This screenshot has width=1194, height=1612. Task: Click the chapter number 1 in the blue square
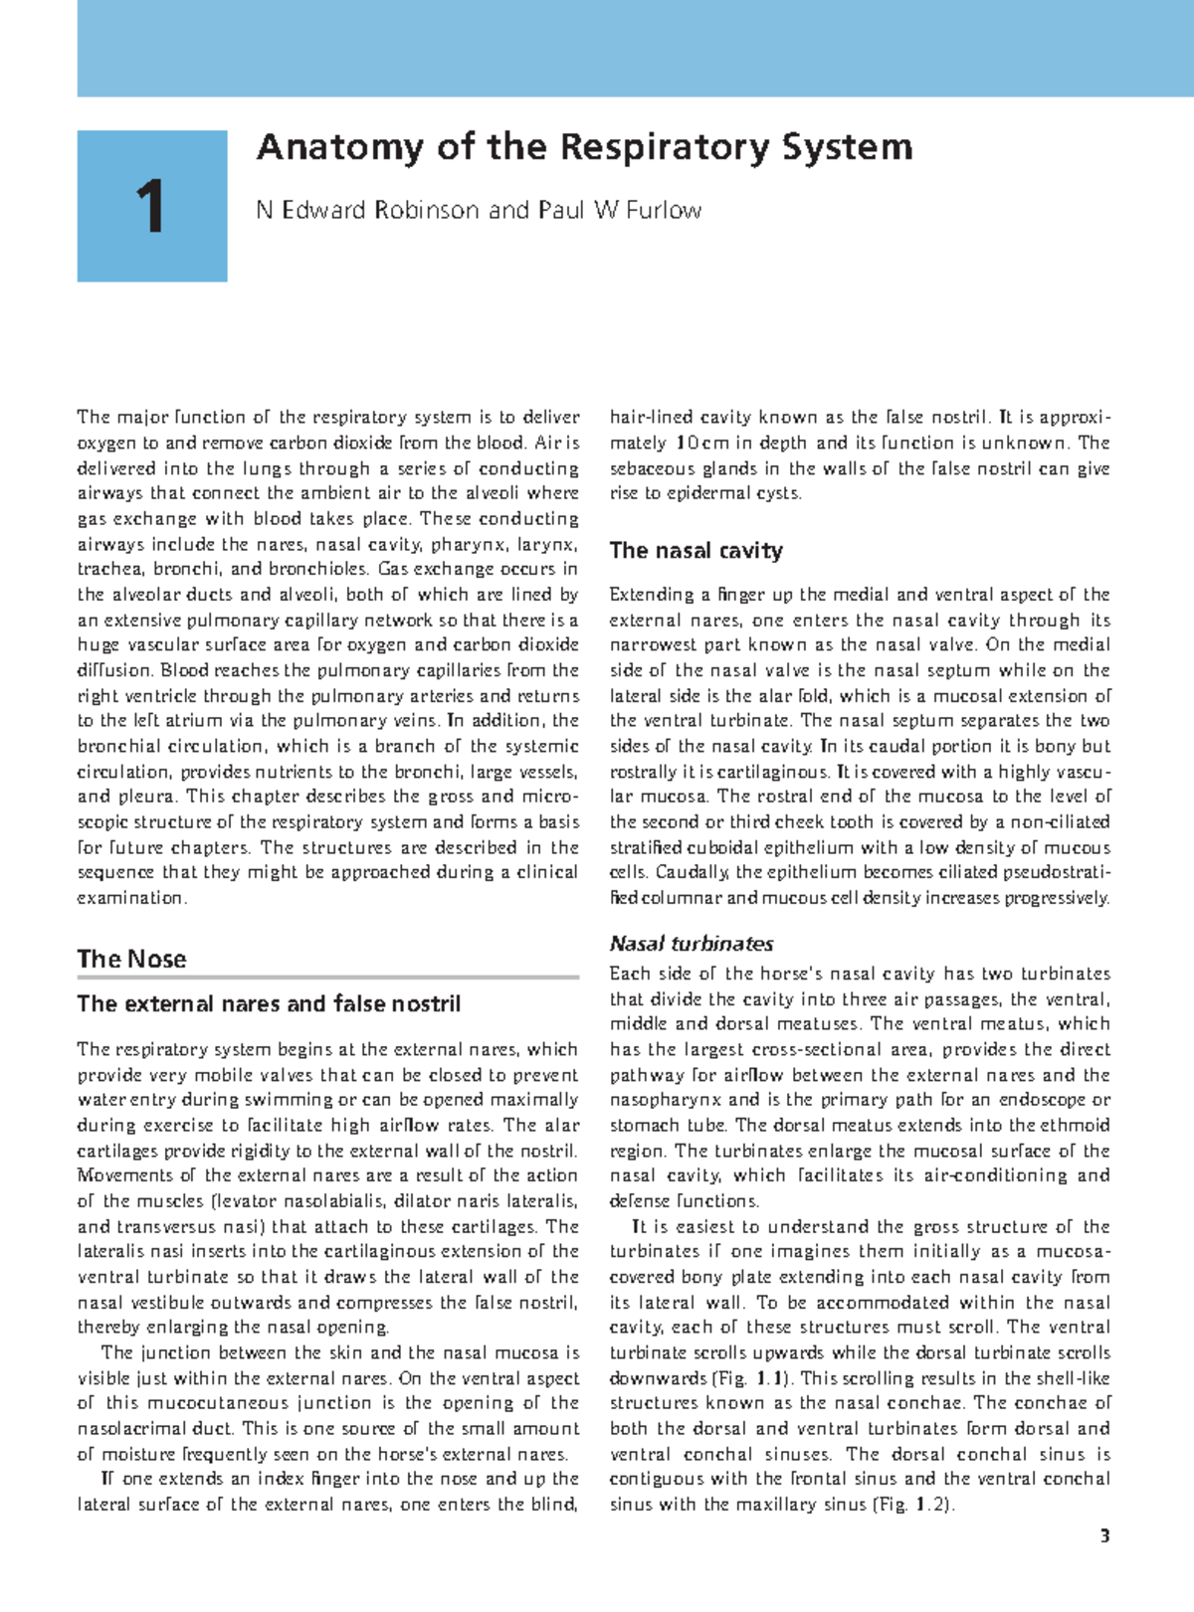click(151, 207)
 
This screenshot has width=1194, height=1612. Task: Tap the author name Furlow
click(665, 210)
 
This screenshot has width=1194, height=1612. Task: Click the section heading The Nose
click(131, 959)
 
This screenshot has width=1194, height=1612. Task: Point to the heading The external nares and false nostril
click(269, 1004)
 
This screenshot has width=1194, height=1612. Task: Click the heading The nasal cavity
click(696, 551)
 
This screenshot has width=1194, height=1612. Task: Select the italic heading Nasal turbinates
click(691, 944)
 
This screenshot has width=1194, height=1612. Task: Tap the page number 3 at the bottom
click(1103, 1536)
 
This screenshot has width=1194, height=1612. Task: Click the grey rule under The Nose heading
click(328, 978)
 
